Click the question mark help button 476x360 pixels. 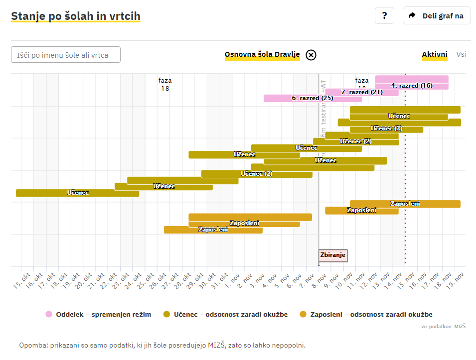(384, 15)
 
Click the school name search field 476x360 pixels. (66, 55)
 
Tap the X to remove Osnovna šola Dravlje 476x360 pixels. (311, 55)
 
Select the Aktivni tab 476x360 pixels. (435, 54)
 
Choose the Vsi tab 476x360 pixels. (461, 54)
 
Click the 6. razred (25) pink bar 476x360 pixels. (313, 98)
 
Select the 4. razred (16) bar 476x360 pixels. (412, 86)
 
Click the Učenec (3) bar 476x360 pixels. (386, 129)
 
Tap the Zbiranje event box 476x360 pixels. (333, 255)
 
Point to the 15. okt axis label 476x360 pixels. (19, 280)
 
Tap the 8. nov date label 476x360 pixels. (317, 280)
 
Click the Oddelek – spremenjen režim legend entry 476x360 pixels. (98, 314)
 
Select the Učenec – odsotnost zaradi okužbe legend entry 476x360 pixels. (225, 314)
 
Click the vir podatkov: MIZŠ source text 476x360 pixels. (443, 326)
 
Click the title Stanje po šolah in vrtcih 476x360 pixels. (76, 16)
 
